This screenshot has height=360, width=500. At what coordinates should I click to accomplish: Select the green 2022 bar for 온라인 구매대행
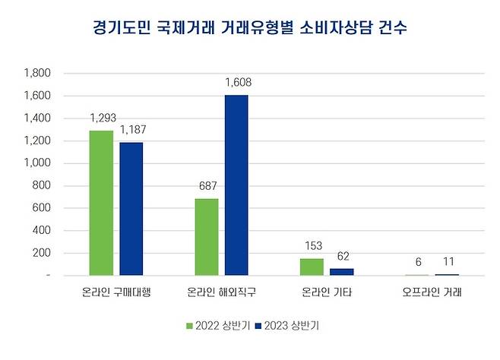101,203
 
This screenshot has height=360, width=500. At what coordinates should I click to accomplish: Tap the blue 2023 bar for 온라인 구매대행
131,209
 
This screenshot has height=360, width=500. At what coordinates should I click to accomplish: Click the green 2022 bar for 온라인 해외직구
207,237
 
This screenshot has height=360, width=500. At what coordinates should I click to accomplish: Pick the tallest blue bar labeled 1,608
236,185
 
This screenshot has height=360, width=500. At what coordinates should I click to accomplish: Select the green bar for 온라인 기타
312,267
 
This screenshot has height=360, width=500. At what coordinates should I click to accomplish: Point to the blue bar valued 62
341,271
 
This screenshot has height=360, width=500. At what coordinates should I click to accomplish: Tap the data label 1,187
132,130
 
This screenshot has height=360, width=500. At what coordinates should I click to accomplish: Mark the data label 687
206,186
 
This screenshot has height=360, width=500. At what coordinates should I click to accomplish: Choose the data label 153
312,245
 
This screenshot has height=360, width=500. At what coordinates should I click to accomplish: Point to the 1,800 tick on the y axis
37,74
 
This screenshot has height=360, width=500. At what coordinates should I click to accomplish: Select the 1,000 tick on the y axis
37,163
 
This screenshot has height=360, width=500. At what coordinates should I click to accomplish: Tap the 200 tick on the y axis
41,253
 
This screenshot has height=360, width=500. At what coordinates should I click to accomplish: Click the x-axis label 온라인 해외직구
221,292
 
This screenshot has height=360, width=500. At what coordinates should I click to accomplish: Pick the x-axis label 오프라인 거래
432,292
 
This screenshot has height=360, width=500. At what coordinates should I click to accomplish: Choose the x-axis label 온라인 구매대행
116,292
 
